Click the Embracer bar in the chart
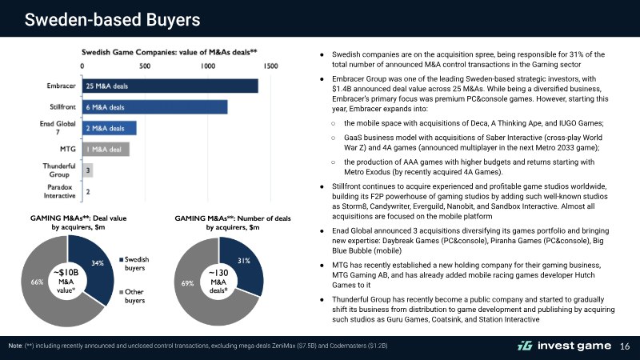(x=170, y=86)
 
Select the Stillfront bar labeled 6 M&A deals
(x=155, y=107)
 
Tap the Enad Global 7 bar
(x=110, y=128)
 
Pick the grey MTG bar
(x=106, y=150)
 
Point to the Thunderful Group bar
(x=88, y=170)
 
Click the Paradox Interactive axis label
(x=59, y=191)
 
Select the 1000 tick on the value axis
(x=208, y=66)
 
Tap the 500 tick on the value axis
(x=145, y=66)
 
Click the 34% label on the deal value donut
(x=98, y=263)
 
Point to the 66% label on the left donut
(x=37, y=282)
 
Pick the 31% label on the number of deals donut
(x=244, y=261)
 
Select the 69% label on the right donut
(x=187, y=283)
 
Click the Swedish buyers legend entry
(x=134, y=264)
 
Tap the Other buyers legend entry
(x=132, y=296)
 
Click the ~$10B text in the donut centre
(x=66, y=273)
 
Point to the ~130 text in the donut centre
(x=218, y=273)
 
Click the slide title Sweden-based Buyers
(x=112, y=19)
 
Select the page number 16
(x=625, y=346)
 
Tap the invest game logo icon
(x=525, y=346)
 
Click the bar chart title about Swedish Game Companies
(x=170, y=52)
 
